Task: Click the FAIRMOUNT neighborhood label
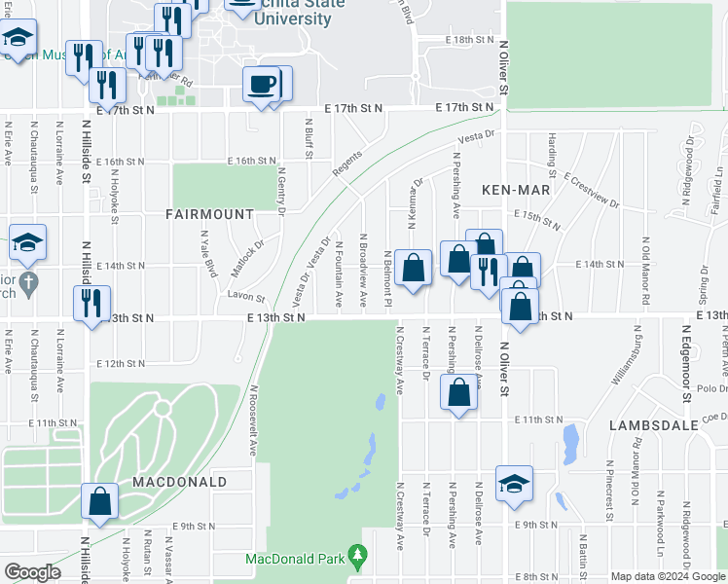(x=209, y=213)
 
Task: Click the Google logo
(x=32, y=573)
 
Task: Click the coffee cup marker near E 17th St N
(x=261, y=85)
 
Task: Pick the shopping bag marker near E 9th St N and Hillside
(x=100, y=502)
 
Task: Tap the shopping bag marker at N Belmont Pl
(x=413, y=269)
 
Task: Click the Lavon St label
(x=246, y=296)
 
